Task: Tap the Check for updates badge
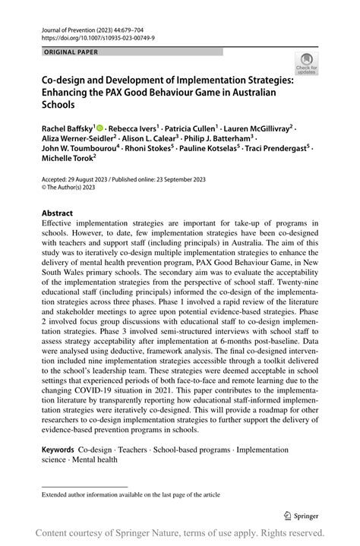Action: point(306,63)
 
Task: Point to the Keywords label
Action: point(62,450)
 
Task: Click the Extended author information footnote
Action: point(131,494)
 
